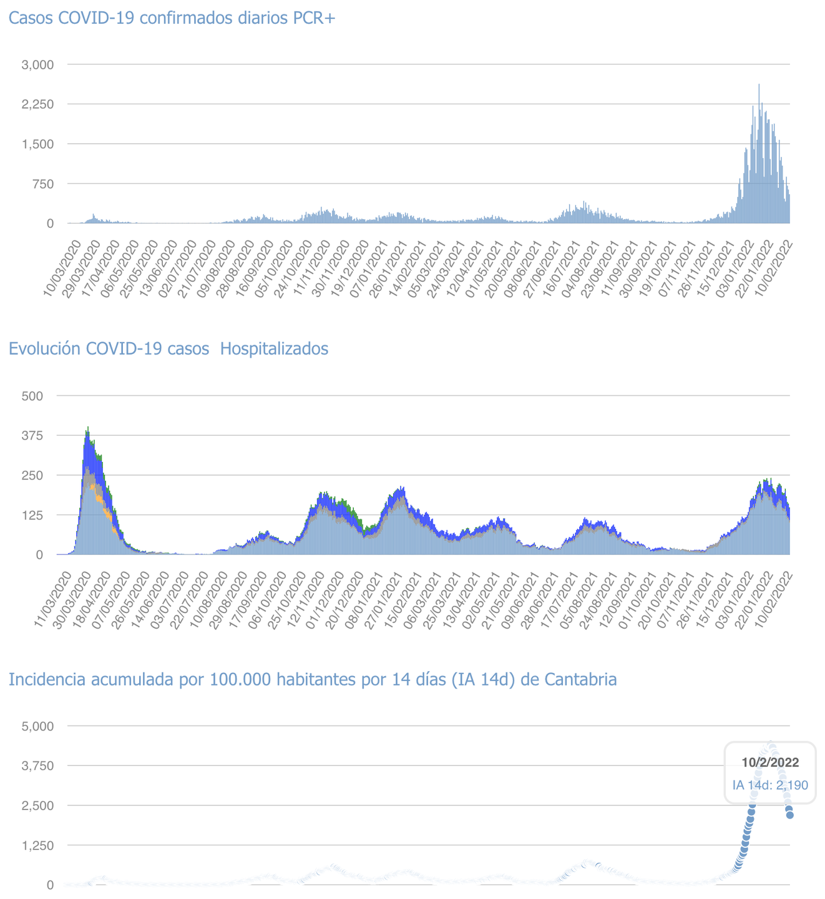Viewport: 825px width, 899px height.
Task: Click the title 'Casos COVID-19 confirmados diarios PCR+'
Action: point(172,18)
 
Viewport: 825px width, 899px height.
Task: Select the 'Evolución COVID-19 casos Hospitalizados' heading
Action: point(168,348)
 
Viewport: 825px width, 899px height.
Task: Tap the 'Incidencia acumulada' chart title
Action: point(313,679)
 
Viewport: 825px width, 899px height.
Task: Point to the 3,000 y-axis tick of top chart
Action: point(38,64)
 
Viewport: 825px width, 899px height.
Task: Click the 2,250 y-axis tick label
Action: point(38,104)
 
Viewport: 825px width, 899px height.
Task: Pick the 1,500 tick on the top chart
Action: point(38,144)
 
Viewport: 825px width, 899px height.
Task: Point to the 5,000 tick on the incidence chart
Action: point(38,726)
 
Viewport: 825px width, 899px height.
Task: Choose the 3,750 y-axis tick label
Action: point(38,766)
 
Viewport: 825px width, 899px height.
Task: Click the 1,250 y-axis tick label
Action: point(38,845)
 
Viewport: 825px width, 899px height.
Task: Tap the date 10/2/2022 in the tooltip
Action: point(770,762)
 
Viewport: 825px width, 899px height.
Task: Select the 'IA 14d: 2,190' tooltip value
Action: point(770,784)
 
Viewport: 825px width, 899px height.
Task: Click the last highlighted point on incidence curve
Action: point(789,815)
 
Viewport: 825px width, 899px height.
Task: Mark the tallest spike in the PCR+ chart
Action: point(759,86)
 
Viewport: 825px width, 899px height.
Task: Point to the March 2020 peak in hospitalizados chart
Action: point(87,428)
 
